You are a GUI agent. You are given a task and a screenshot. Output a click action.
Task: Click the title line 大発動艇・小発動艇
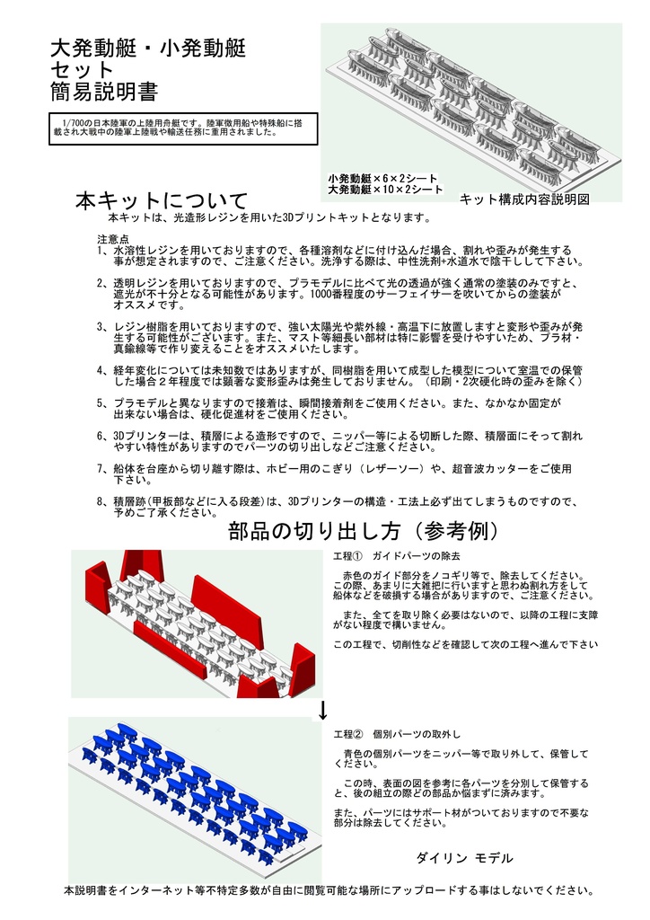[147, 48]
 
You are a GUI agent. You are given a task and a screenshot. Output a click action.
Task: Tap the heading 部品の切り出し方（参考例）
[364, 530]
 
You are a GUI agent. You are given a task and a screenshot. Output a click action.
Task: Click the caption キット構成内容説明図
[523, 199]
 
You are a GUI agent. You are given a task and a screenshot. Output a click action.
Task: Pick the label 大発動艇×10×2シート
[385, 190]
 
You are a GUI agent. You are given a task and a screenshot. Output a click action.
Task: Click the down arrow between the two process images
[322, 711]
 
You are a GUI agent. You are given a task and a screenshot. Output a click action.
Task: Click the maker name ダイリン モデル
[464, 858]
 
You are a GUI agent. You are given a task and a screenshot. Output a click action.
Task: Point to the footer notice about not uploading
[329, 890]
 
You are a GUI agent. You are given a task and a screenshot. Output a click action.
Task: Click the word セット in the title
[82, 69]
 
